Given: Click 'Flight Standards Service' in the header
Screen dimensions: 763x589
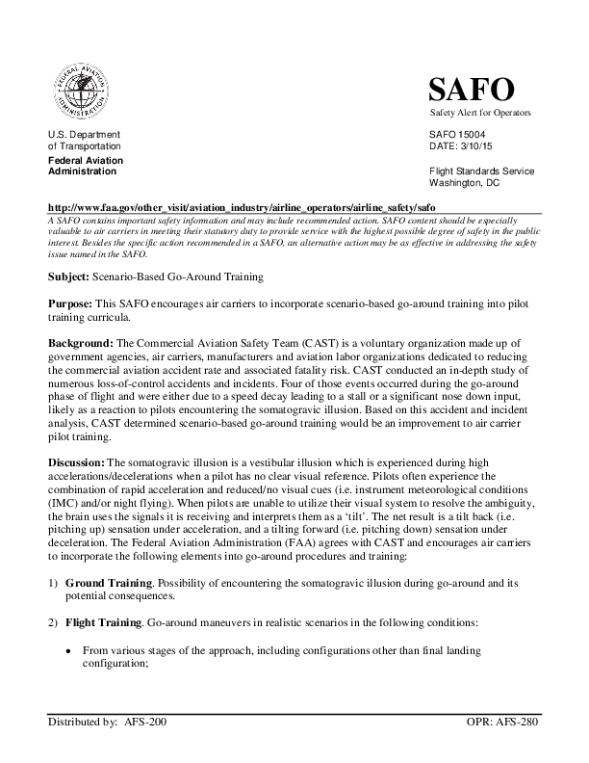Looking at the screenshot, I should [481, 171].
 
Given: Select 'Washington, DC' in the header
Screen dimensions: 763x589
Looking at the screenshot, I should [465, 182].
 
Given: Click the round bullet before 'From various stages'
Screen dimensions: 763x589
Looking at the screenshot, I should [67, 652].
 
